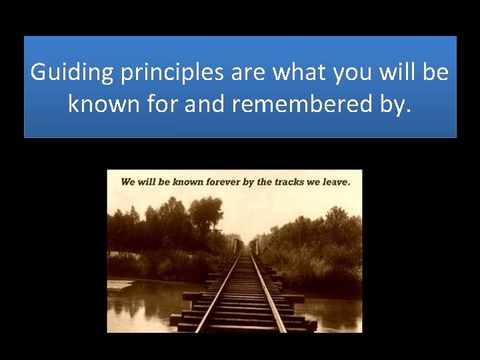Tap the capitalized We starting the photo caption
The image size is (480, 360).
128,181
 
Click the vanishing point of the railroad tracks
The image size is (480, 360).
251,247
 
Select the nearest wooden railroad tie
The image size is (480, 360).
243,327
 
